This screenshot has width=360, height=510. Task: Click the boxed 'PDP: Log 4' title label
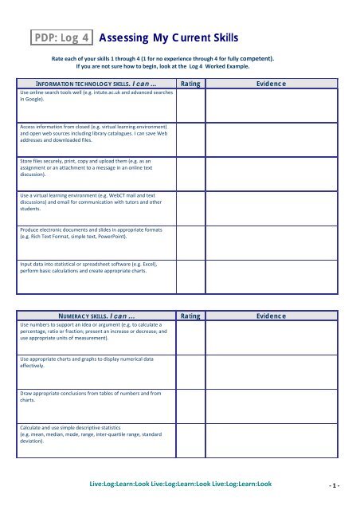pos(61,37)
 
